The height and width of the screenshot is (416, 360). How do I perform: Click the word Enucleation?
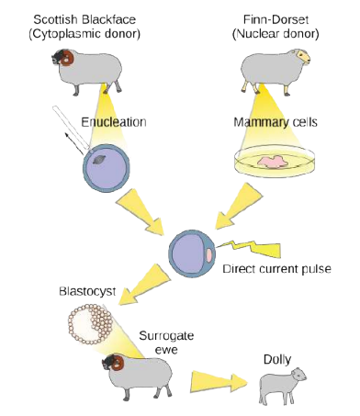point(114,122)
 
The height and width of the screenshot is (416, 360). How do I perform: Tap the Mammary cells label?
point(276,122)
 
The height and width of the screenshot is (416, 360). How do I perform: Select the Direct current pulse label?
point(276,269)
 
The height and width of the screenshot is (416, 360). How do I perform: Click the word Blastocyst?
point(87,291)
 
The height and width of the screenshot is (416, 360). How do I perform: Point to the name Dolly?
point(277,359)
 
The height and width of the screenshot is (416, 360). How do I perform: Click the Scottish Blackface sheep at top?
point(87,72)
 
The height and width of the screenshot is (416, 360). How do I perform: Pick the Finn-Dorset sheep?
point(275,71)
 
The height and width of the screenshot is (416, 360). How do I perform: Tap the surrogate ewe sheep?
point(138,377)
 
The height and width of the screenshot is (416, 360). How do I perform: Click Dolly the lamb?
point(282,386)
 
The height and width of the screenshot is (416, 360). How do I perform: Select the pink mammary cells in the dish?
point(273,162)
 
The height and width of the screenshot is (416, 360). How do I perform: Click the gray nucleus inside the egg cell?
point(99,160)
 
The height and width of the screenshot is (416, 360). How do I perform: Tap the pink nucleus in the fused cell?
point(208,255)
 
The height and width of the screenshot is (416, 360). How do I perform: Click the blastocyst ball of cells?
point(89,324)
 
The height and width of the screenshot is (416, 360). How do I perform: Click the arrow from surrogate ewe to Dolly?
point(219,381)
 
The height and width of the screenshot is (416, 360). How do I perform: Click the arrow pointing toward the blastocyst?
point(142,285)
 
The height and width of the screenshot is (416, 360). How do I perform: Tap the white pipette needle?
point(72,127)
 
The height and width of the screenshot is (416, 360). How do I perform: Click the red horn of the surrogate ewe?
point(117,363)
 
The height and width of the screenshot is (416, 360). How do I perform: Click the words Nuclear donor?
point(276,34)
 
